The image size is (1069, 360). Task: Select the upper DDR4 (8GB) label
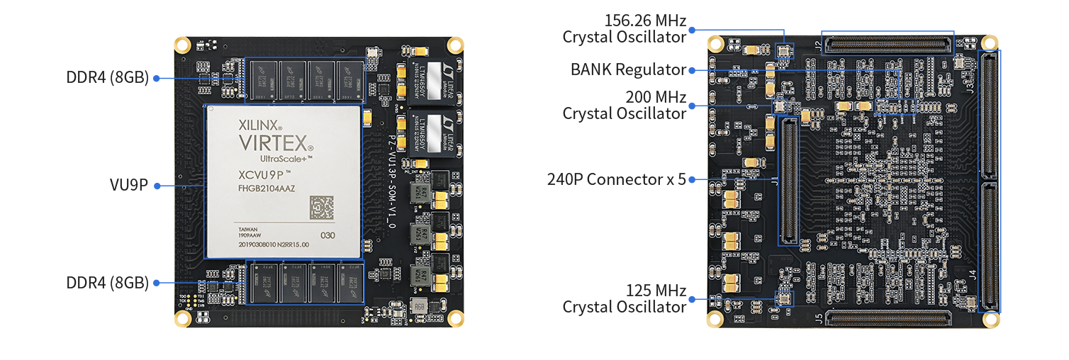[107, 78]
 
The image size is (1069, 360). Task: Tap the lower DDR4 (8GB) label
[107, 283]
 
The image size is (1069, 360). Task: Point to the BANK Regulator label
[628, 69]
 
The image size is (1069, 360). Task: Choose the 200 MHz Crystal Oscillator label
[624, 105]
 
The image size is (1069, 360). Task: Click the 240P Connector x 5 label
[616, 179]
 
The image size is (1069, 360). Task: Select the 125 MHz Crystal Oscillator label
[624, 298]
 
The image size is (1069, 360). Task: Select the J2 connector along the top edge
[888, 44]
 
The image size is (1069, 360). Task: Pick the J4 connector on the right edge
[990, 247]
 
